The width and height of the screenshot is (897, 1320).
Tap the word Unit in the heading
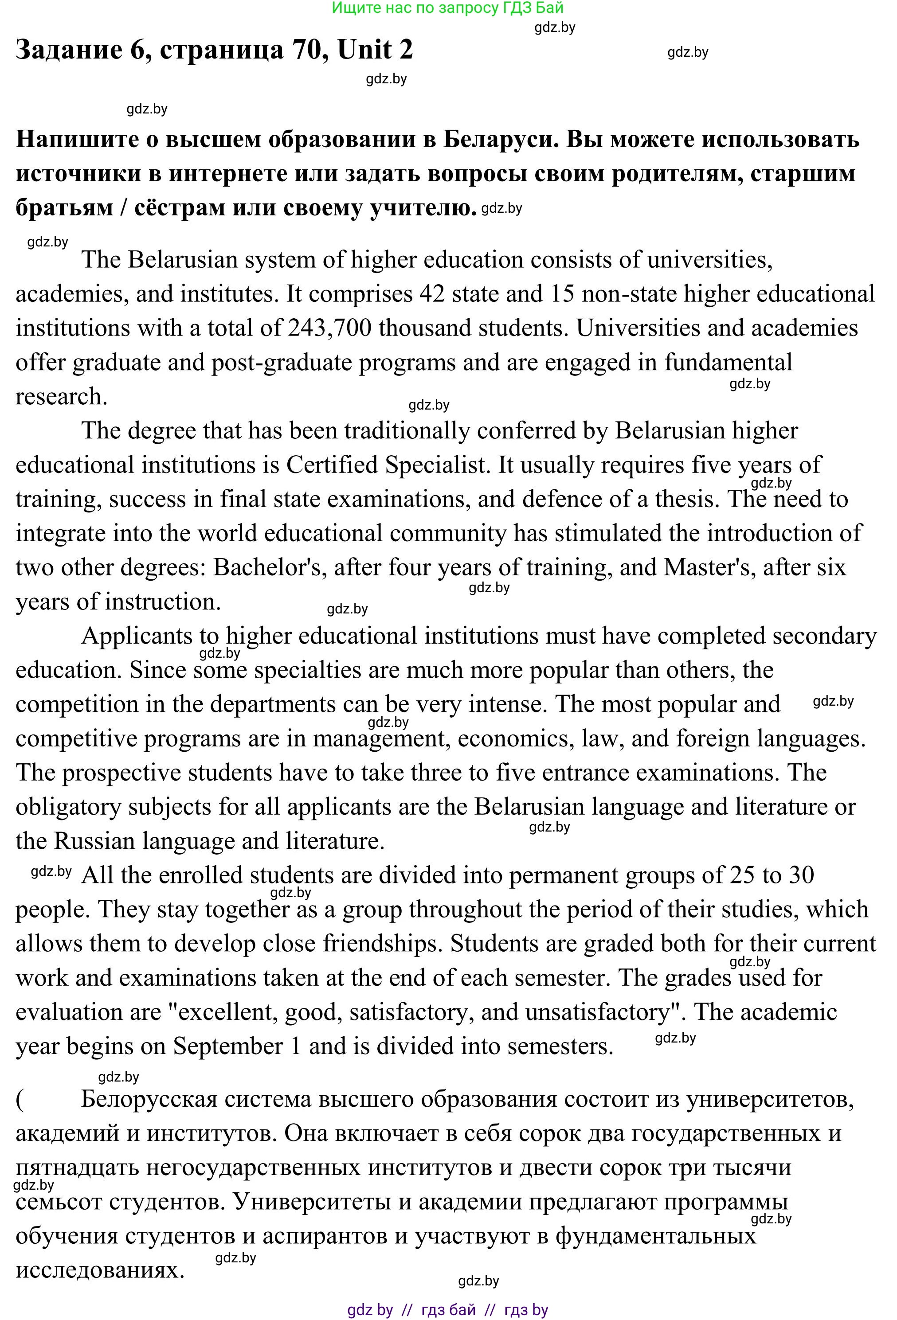tap(364, 50)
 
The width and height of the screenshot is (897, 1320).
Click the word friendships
tap(383, 943)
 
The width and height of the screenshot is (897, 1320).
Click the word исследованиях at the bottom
tap(100, 1270)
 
